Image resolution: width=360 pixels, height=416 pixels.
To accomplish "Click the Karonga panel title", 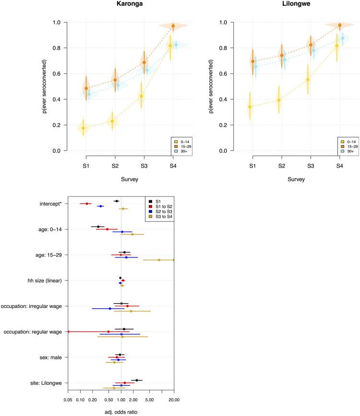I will [129, 4].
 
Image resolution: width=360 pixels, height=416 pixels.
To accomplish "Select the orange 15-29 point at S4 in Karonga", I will [173, 26].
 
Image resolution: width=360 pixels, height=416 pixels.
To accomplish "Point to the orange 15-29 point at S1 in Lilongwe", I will [253, 61].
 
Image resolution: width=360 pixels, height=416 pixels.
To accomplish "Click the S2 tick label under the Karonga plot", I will [115, 166].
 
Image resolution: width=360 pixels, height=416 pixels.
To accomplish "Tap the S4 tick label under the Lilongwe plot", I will [339, 166].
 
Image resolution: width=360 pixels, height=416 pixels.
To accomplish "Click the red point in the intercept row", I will [87, 204].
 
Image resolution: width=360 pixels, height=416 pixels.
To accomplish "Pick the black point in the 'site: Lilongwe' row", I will [137, 380].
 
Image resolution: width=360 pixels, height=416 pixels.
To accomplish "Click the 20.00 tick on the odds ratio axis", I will [174, 398].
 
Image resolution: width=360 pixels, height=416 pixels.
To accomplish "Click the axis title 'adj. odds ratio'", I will [120, 412].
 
